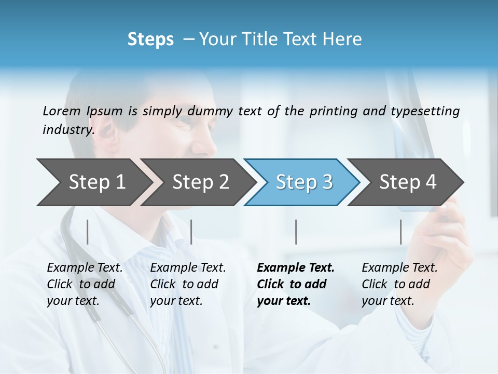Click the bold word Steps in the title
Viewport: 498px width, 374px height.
150,39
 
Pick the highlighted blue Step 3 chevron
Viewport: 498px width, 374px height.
304,182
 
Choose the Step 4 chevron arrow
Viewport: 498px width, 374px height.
408,182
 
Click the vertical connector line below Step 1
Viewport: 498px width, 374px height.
88,232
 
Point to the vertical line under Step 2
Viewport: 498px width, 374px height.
191,232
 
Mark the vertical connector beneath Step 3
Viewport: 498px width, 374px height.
296,232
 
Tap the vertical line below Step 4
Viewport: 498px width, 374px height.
400,232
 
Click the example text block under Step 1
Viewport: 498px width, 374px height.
85,284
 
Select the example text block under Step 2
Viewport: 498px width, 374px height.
188,284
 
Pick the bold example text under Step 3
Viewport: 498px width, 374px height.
296,284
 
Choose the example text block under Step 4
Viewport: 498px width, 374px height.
399,284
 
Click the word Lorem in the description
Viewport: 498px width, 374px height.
61,111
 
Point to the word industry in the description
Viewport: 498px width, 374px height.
68,130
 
